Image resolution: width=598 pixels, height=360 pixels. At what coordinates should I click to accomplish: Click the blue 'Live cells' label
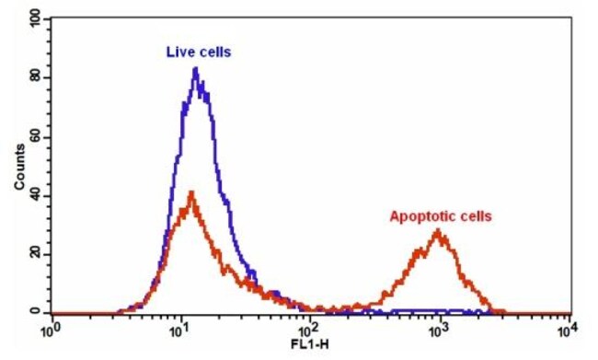point(198,52)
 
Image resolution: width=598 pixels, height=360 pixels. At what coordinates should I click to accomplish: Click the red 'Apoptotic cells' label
point(441,216)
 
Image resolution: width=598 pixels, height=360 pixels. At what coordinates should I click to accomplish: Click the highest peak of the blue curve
point(195,69)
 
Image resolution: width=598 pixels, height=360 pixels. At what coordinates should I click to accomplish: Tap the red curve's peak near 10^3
point(439,231)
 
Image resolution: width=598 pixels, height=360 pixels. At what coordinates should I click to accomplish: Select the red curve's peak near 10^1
point(190,192)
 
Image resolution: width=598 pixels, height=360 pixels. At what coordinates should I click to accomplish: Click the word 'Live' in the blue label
point(179,52)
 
